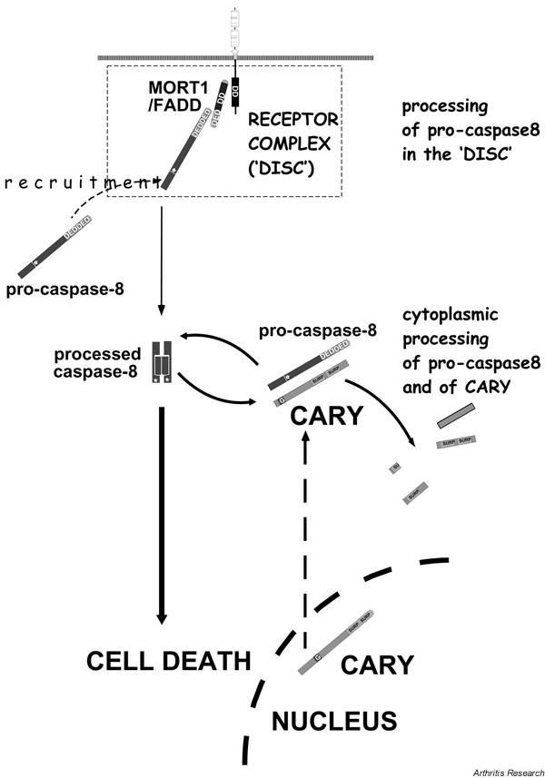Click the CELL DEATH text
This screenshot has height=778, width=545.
click(168, 660)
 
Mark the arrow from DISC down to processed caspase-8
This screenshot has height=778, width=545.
click(162, 263)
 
